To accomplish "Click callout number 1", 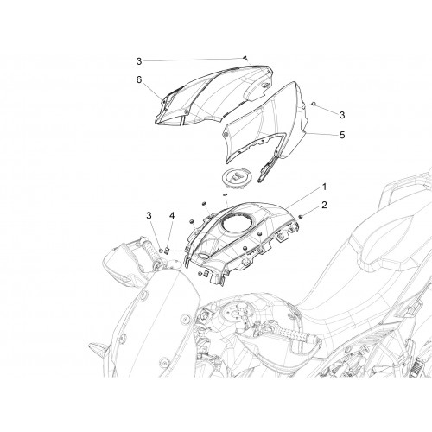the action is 324,187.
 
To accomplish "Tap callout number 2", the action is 324,206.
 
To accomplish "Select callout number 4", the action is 172,215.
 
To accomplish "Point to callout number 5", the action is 342,135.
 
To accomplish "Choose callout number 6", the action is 139,79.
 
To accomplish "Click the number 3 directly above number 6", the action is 139,61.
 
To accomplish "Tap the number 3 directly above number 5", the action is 342,115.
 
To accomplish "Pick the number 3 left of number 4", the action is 149,215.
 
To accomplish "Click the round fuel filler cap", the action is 237,178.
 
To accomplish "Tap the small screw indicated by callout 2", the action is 301,216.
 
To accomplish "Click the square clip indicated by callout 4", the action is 167,251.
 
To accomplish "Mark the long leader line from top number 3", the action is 194,60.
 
